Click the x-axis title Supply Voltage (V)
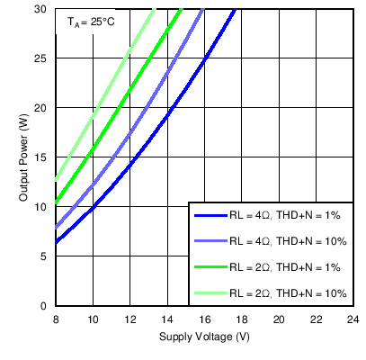click(204, 337)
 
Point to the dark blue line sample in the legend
click(210, 216)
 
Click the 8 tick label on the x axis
click(56, 319)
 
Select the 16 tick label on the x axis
click(204, 319)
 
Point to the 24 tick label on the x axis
click(352, 319)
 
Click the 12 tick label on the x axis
click(129, 319)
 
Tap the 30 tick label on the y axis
click(42, 9)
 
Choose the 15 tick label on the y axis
click(42, 157)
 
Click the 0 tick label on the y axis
click(45, 306)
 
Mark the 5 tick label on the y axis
click(45, 256)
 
